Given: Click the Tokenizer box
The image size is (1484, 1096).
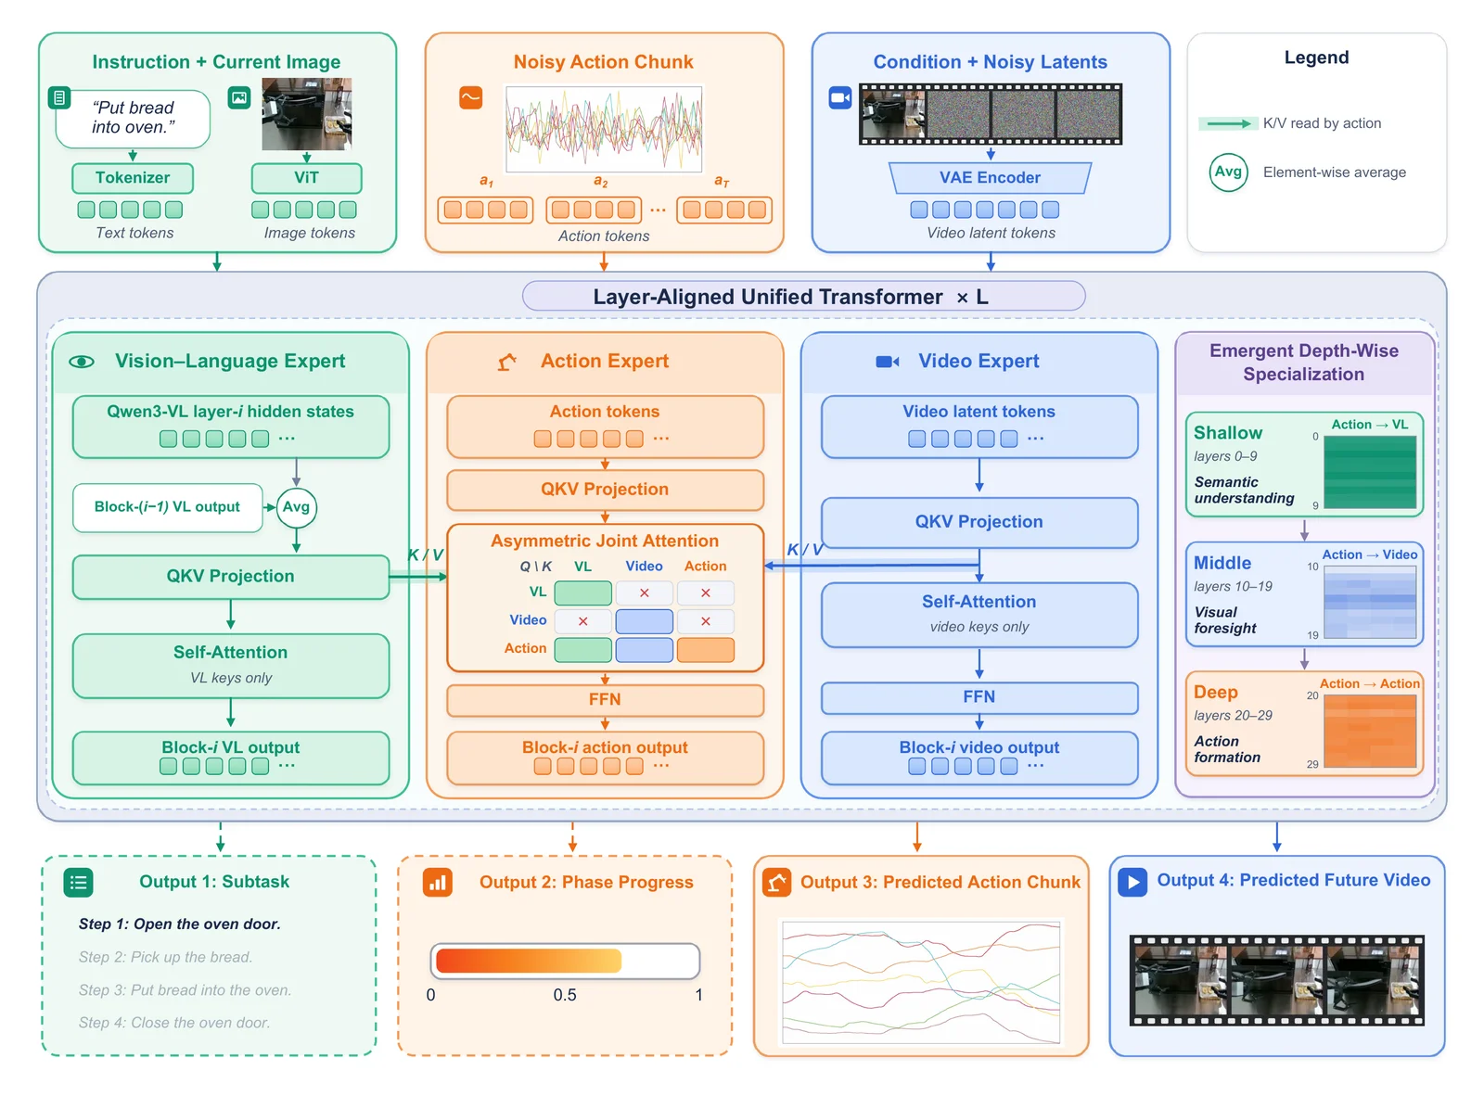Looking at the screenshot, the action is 133,178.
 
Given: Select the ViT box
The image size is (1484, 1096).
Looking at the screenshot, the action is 306,178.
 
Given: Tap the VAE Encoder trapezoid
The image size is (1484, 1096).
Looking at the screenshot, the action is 990,178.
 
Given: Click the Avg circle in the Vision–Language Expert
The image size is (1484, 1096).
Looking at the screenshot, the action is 296,507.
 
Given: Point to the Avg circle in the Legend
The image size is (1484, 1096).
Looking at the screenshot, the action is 1228,172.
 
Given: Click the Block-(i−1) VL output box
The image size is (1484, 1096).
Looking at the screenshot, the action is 167,507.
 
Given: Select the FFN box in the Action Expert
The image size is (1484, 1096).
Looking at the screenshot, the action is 605,700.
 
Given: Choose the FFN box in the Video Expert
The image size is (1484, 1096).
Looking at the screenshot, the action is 979,697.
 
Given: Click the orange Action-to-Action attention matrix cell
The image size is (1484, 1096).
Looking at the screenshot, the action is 705,650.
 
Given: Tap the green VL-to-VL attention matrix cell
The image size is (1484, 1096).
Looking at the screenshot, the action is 582,593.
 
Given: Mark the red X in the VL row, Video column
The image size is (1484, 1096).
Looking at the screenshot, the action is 644,593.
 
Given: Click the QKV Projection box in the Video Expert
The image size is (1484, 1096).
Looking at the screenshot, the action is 979,522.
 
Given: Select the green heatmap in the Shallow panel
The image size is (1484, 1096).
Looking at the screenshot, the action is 1370,472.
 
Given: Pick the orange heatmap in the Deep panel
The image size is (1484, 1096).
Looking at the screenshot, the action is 1370,731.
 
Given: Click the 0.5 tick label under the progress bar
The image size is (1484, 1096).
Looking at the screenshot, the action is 564,994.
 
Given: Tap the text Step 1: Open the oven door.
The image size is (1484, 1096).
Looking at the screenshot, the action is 179,924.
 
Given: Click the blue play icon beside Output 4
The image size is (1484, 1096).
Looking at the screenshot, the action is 1132,882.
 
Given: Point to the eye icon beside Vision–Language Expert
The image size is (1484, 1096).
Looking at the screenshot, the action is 82,362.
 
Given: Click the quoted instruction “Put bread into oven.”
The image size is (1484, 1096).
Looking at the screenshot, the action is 134,118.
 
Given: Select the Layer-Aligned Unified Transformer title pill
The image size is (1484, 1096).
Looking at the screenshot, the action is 803,297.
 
